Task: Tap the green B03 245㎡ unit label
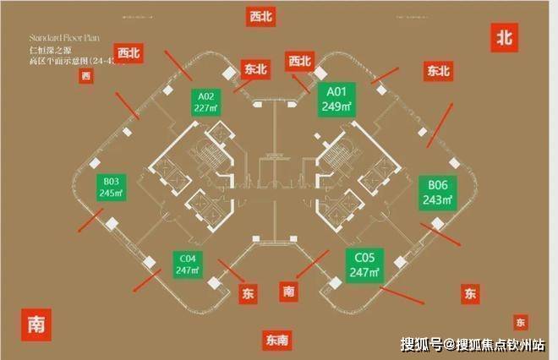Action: tap(112, 187)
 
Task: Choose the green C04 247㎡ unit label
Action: tap(188, 263)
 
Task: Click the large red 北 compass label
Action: tap(505, 37)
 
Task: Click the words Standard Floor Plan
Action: tap(65, 39)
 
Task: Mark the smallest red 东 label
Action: tap(520, 323)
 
